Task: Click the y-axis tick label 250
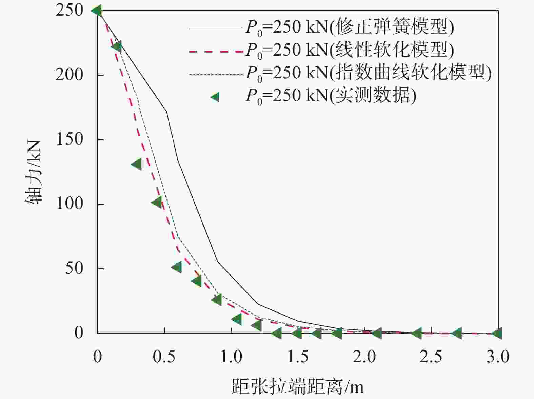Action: click(x=70, y=11)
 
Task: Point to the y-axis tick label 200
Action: click(x=70, y=75)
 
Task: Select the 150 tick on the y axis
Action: click(x=70, y=139)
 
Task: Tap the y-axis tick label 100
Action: click(x=70, y=204)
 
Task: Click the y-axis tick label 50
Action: click(x=74, y=268)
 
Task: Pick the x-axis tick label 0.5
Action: click(x=164, y=357)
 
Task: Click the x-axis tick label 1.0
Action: click(x=231, y=357)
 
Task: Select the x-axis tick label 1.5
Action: click(x=298, y=357)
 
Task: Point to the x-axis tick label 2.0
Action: click(x=364, y=357)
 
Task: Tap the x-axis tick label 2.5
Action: click(x=431, y=357)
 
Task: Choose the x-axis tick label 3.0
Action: click(x=498, y=357)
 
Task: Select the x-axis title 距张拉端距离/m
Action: click(x=297, y=386)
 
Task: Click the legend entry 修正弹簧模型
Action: click(x=350, y=27)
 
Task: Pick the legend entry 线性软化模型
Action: click(x=350, y=50)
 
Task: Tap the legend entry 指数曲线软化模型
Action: click(x=368, y=73)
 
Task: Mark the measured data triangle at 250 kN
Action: click(x=97, y=11)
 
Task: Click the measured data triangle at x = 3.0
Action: click(x=497, y=333)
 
